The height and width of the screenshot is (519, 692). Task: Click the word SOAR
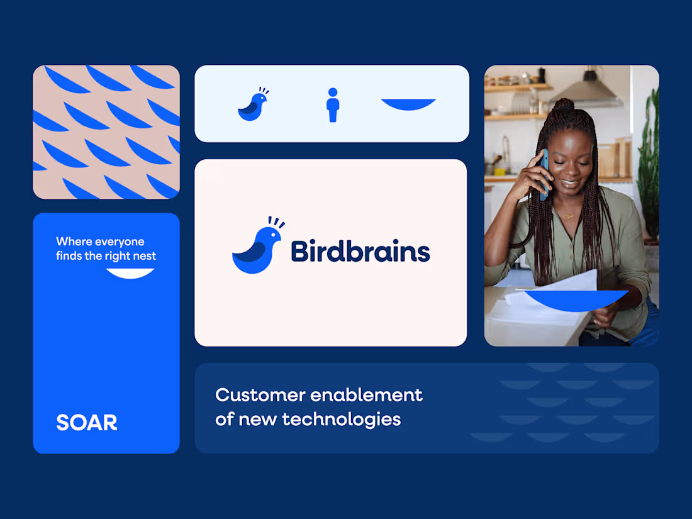(x=87, y=423)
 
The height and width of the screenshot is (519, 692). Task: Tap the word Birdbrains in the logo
(x=360, y=251)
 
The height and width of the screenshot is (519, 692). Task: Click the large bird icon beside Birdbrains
(x=257, y=250)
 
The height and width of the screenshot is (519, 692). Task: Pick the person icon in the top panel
(x=333, y=105)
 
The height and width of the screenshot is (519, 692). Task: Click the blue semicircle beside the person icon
(x=408, y=104)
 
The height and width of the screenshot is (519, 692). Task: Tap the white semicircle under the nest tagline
(x=130, y=273)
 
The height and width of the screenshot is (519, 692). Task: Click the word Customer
(x=260, y=395)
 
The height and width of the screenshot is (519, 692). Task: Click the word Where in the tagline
(x=74, y=242)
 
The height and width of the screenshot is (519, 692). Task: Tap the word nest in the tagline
(x=143, y=256)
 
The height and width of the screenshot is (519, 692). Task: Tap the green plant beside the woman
(x=648, y=164)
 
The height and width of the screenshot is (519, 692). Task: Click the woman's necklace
(x=568, y=216)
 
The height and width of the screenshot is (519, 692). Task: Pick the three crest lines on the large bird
(x=276, y=222)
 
